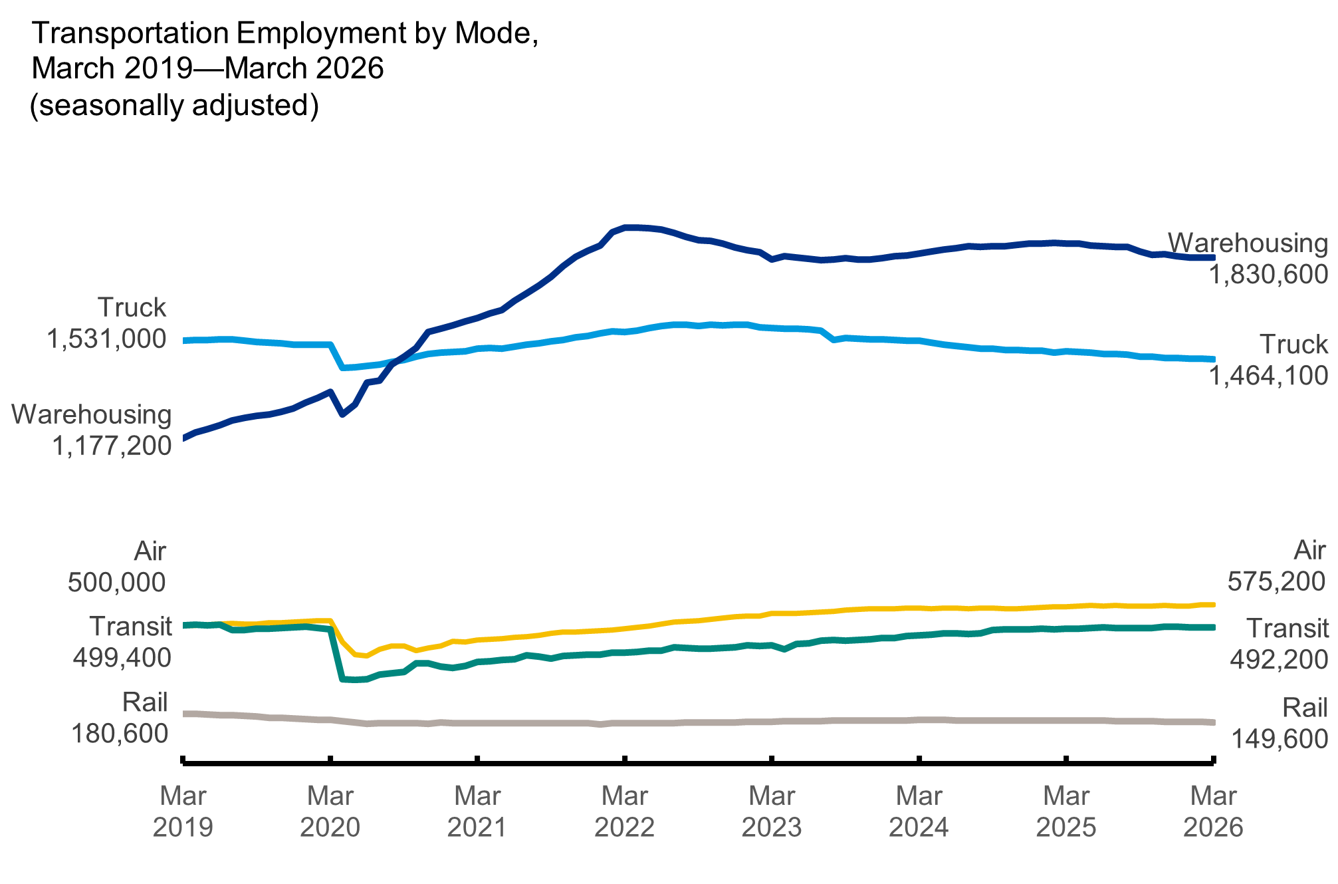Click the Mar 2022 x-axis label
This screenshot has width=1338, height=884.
tap(624, 811)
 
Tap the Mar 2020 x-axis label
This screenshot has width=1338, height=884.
tap(330, 811)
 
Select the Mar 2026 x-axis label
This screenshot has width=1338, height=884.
tap(1213, 811)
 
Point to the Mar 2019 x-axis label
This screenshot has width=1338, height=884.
tap(183, 811)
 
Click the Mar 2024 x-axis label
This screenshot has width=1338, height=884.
tap(919, 811)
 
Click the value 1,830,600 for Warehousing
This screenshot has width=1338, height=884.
tap(1268, 274)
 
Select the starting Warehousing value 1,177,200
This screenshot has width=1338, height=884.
tap(112, 446)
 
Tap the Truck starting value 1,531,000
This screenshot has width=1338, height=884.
tap(106, 339)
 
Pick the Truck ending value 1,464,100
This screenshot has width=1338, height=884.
tap(1268, 376)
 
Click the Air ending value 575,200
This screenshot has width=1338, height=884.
tap(1276, 582)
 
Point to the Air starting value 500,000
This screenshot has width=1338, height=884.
tap(116, 583)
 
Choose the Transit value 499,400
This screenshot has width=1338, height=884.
tap(122, 659)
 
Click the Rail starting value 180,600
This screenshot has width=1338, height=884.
tap(120, 734)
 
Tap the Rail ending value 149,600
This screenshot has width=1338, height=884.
tap(1280, 739)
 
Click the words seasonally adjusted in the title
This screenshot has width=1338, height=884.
tap(174, 106)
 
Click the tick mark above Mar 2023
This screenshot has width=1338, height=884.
tap(772, 760)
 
